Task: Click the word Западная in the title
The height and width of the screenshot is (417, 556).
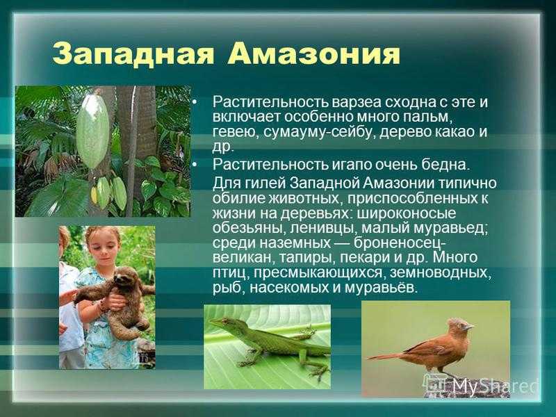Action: click(133, 54)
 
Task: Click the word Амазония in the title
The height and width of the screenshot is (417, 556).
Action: click(314, 54)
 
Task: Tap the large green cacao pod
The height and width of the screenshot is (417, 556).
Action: click(92, 131)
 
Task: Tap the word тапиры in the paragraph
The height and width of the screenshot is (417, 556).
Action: click(308, 257)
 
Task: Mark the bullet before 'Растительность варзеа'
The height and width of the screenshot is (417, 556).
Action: click(194, 102)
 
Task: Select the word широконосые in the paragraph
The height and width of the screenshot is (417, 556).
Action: click(407, 213)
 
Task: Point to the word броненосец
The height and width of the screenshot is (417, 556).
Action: click(399, 243)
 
